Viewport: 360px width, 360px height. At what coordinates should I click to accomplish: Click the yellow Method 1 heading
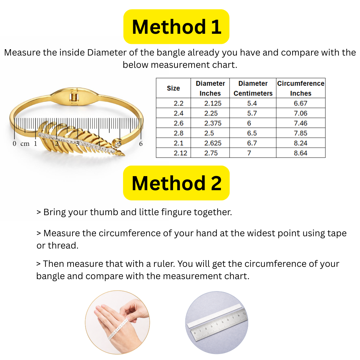(176, 27)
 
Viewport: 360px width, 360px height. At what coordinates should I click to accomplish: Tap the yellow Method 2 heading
(176, 183)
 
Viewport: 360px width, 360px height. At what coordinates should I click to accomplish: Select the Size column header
(173, 88)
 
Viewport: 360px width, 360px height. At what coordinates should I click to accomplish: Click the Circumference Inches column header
(301, 88)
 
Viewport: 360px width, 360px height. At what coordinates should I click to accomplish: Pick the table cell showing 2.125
(210, 103)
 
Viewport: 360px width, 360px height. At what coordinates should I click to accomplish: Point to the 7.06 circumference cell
(301, 113)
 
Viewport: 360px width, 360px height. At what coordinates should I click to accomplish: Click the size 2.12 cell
(173, 153)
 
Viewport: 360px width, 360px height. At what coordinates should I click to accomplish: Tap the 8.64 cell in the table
(301, 153)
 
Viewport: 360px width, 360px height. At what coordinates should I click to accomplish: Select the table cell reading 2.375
(210, 123)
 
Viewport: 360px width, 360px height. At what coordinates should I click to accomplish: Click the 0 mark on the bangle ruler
(14, 143)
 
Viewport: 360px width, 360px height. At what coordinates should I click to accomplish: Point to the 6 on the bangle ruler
(141, 143)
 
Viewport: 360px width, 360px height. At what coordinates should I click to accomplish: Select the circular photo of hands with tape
(117, 323)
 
